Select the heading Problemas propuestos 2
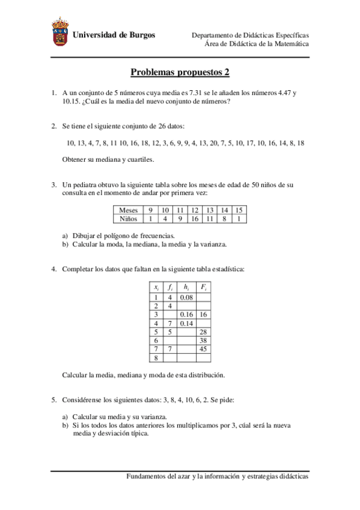(180, 72)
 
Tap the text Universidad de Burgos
(114, 35)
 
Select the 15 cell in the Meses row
(239, 210)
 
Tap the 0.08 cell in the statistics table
(186, 297)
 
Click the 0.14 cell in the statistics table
(186, 323)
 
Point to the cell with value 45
(204, 348)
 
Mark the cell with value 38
(204, 340)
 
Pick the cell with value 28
(204, 331)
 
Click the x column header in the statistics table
(156, 288)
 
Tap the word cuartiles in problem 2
(140, 159)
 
